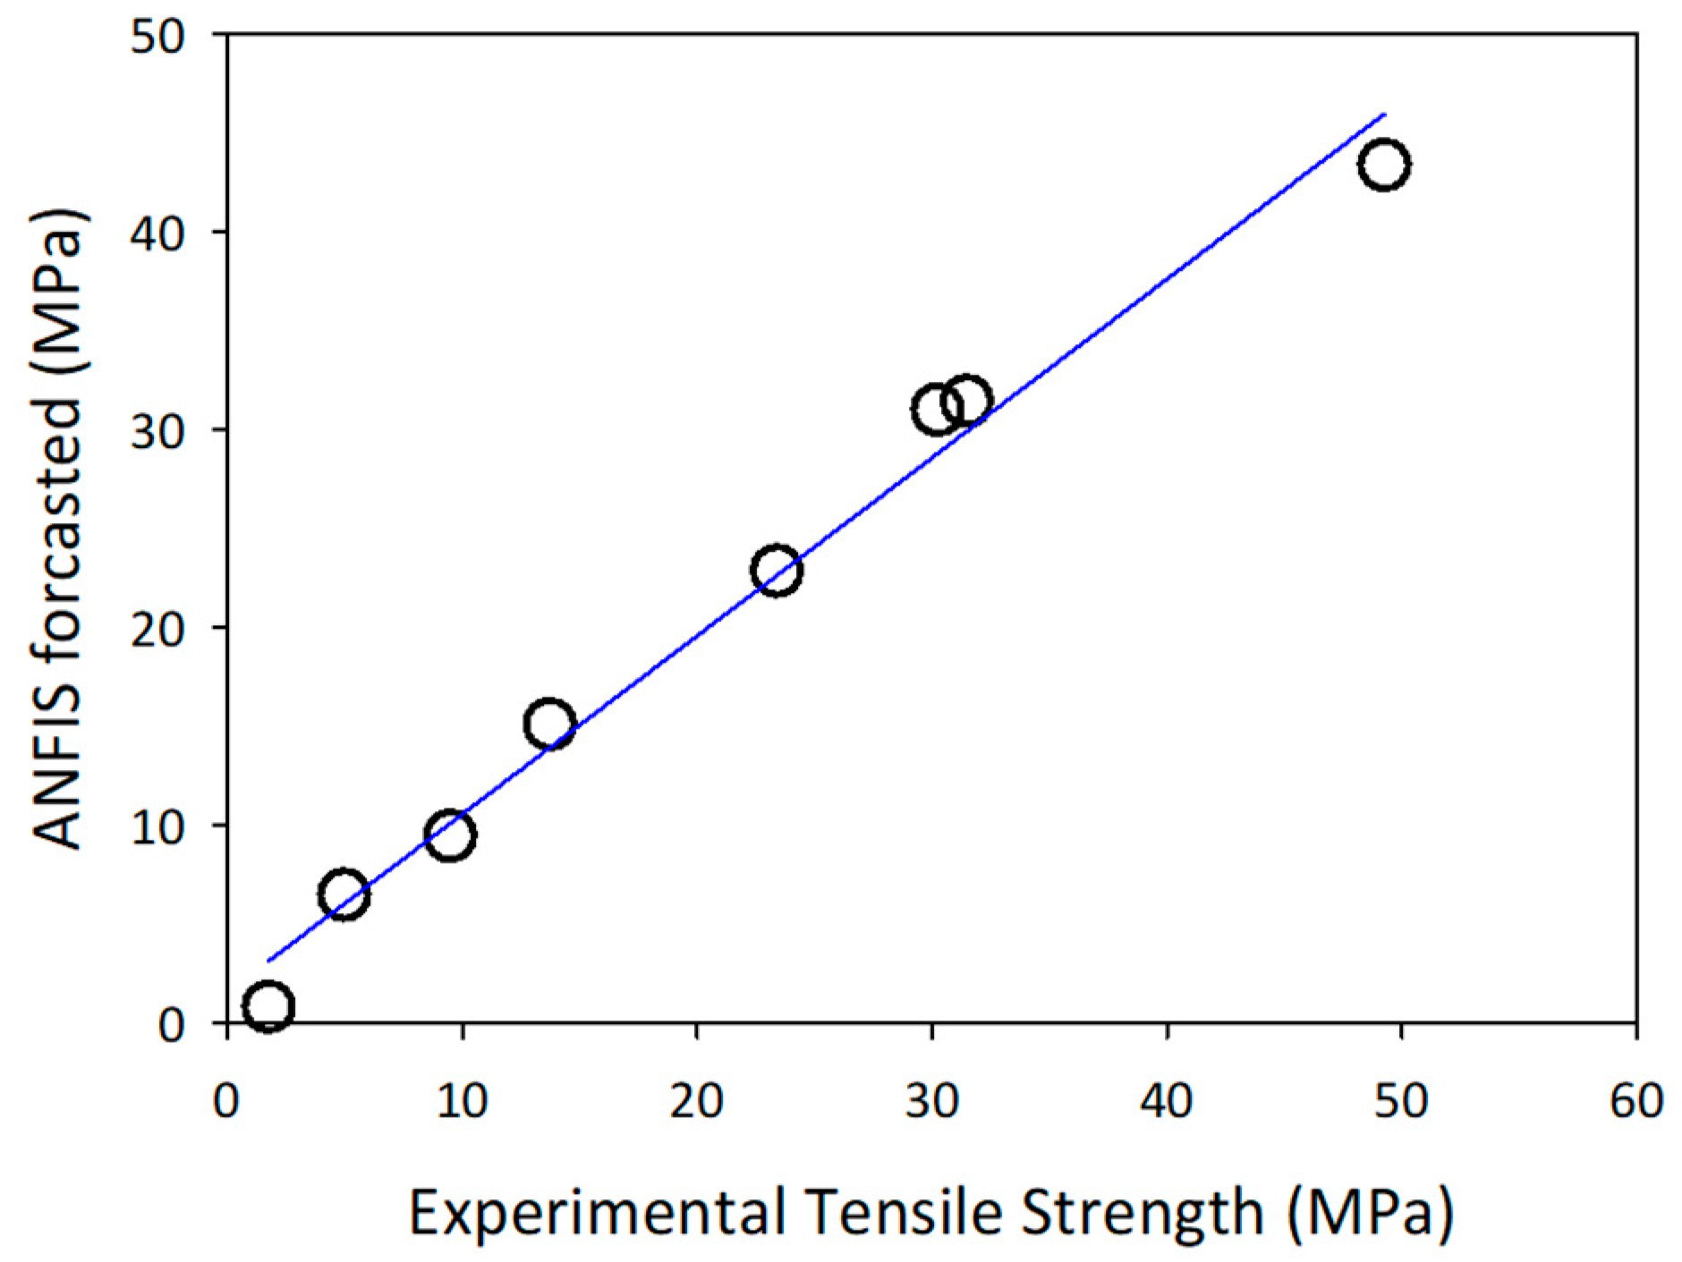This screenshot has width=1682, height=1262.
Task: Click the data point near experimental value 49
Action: tap(1383, 165)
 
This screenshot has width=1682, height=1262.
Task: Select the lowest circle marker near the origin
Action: tap(268, 1005)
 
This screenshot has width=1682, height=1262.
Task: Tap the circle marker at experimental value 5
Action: tap(344, 894)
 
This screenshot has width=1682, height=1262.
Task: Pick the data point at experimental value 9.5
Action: tap(450, 835)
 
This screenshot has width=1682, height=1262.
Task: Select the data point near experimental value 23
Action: tap(777, 570)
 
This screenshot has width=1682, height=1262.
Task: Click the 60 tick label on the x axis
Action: tap(1635, 1101)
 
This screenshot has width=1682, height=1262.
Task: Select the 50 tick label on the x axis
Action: tap(1401, 1101)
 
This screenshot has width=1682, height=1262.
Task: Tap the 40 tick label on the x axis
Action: tap(1167, 1101)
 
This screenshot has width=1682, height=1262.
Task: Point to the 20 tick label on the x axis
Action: tap(697, 1101)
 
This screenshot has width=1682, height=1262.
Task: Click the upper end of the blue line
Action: tap(1384, 114)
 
